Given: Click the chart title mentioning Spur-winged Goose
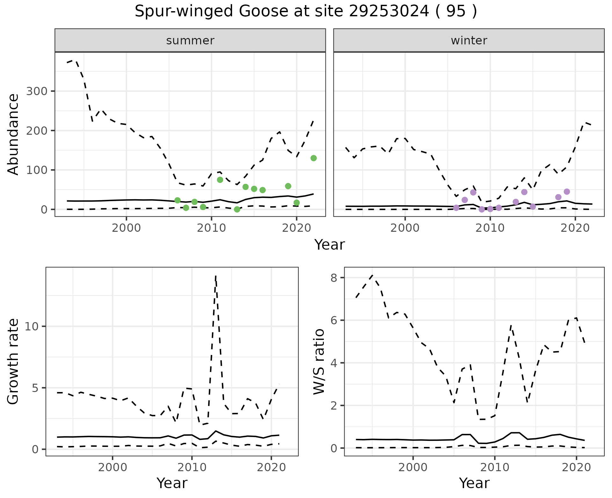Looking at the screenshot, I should [x=306, y=11].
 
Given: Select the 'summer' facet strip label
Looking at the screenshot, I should [x=190, y=41].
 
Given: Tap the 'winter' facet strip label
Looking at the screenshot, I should [x=469, y=41].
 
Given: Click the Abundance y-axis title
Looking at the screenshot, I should [x=13, y=134].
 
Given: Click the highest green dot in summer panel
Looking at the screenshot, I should [x=314, y=158].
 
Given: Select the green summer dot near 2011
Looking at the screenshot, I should [x=220, y=180].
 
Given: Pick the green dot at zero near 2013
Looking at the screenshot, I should [x=237, y=209].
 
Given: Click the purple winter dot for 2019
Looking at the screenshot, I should [x=567, y=192].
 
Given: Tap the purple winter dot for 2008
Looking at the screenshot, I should [x=473, y=192].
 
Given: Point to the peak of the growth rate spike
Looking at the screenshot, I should [x=216, y=276].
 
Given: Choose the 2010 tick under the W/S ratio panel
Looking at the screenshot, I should [x=495, y=468].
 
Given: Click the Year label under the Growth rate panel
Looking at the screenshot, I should [x=172, y=483].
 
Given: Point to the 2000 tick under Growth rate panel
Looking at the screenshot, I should [x=112, y=468].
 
